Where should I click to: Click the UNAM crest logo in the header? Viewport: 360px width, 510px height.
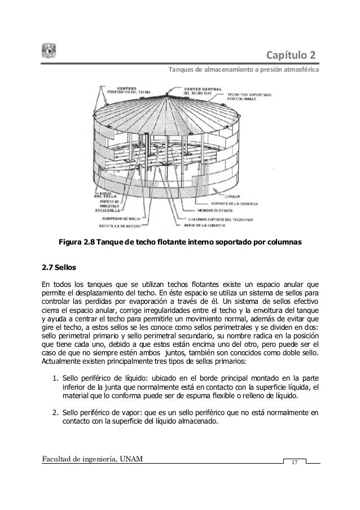tap(48, 51)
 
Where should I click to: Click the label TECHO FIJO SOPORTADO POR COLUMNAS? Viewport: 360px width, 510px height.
tap(254, 96)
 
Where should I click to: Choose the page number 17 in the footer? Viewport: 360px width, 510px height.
tap(293, 464)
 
